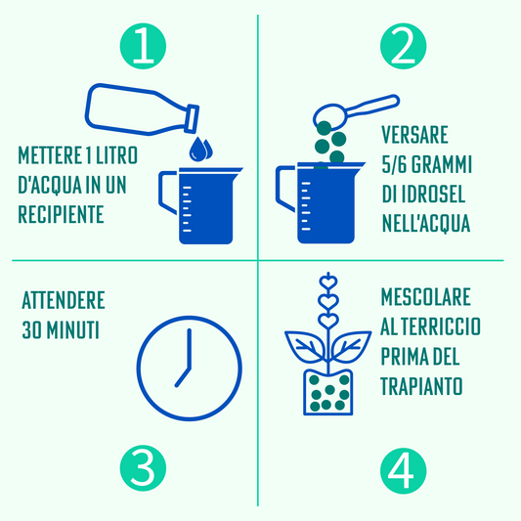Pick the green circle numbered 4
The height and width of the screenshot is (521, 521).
403,471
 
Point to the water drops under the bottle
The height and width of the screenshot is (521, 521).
199,149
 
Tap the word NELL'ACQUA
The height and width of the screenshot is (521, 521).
426,224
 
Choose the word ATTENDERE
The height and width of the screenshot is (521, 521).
63,300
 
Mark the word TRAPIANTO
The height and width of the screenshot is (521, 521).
421,386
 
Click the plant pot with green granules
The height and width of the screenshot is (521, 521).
327,391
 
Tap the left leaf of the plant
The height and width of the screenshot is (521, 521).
305,344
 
